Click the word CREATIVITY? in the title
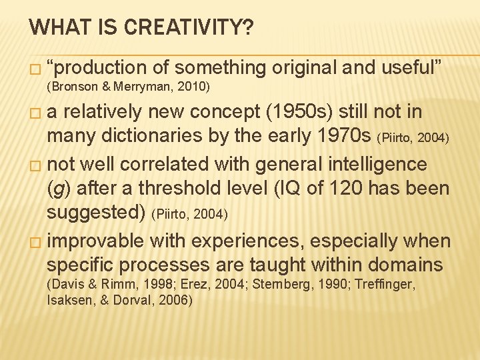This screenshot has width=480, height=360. [188, 28]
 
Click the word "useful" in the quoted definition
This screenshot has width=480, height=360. [413, 67]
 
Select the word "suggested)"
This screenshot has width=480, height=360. [97, 213]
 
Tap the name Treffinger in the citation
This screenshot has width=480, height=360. [385, 285]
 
